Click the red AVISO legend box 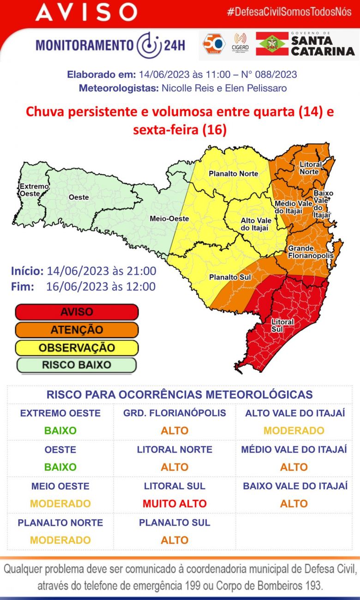[77, 312]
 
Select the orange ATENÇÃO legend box [77, 330]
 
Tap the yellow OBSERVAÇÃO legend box [77, 348]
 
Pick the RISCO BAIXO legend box [77, 365]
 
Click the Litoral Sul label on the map [282, 325]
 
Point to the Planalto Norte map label [233, 174]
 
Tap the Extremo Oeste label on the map [34, 190]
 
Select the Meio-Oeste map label [164, 219]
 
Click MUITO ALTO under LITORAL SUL [174, 504]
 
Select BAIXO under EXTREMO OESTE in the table [60, 431]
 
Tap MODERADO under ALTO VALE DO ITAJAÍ [294, 431]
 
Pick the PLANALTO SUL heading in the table [174, 522]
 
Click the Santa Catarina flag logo [272, 44]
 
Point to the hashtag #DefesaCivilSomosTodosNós [289, 12]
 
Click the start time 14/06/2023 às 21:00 [101, 271]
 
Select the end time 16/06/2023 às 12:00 [101, 287]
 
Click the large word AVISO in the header [86, 12]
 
